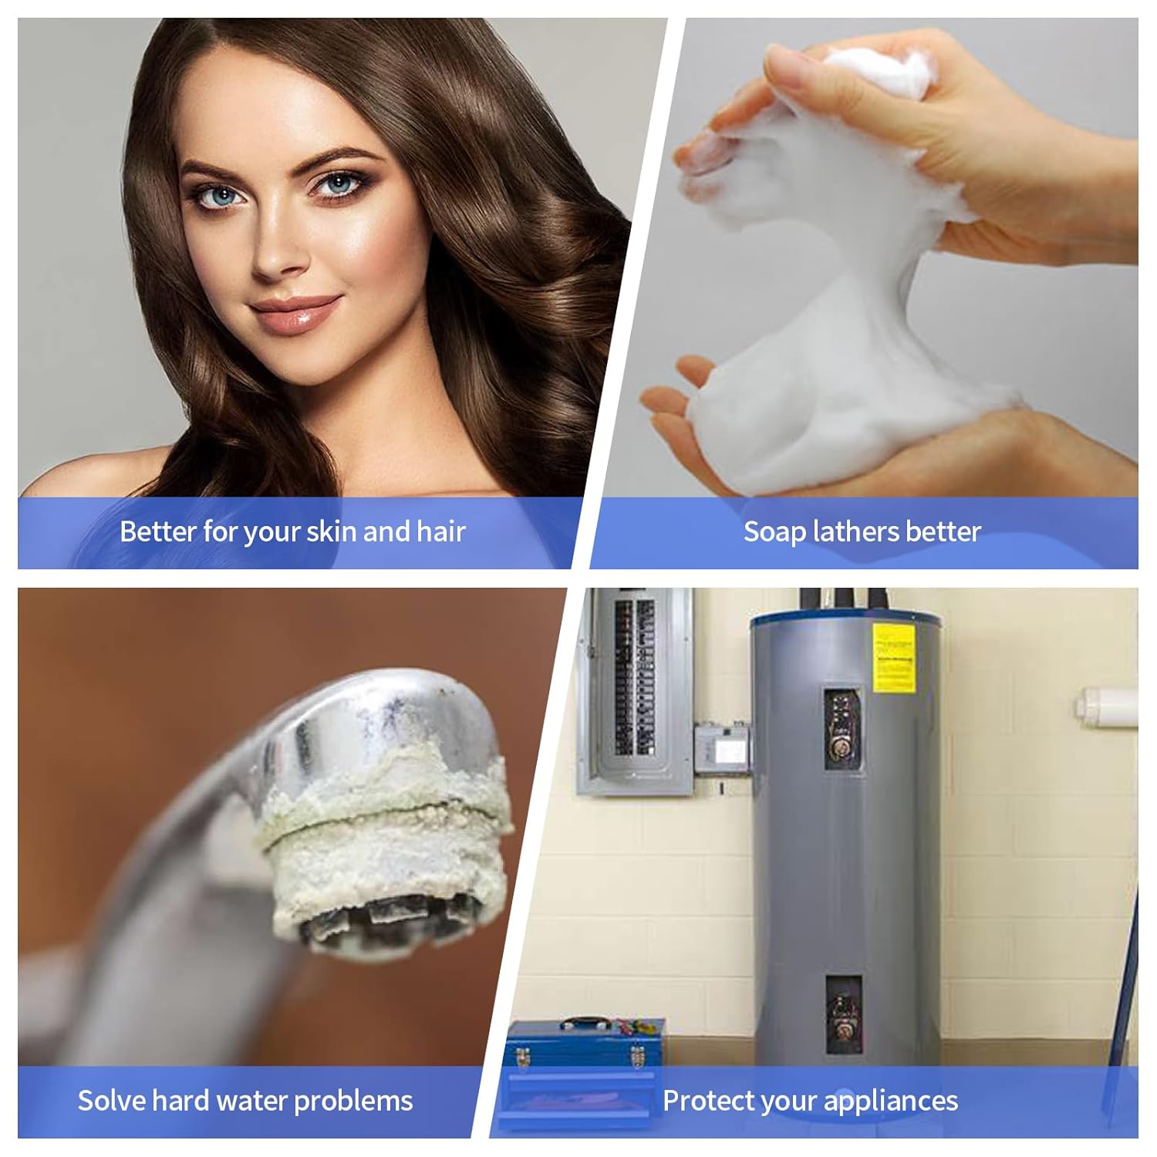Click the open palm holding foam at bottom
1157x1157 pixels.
click(694, 432)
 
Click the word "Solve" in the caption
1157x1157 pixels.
click(112, 1100)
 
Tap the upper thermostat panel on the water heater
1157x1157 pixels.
click(842, 729)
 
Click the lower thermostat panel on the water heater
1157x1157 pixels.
click(843, 1014)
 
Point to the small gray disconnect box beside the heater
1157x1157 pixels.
click(722, 748)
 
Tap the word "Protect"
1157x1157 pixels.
click(709, 1100)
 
